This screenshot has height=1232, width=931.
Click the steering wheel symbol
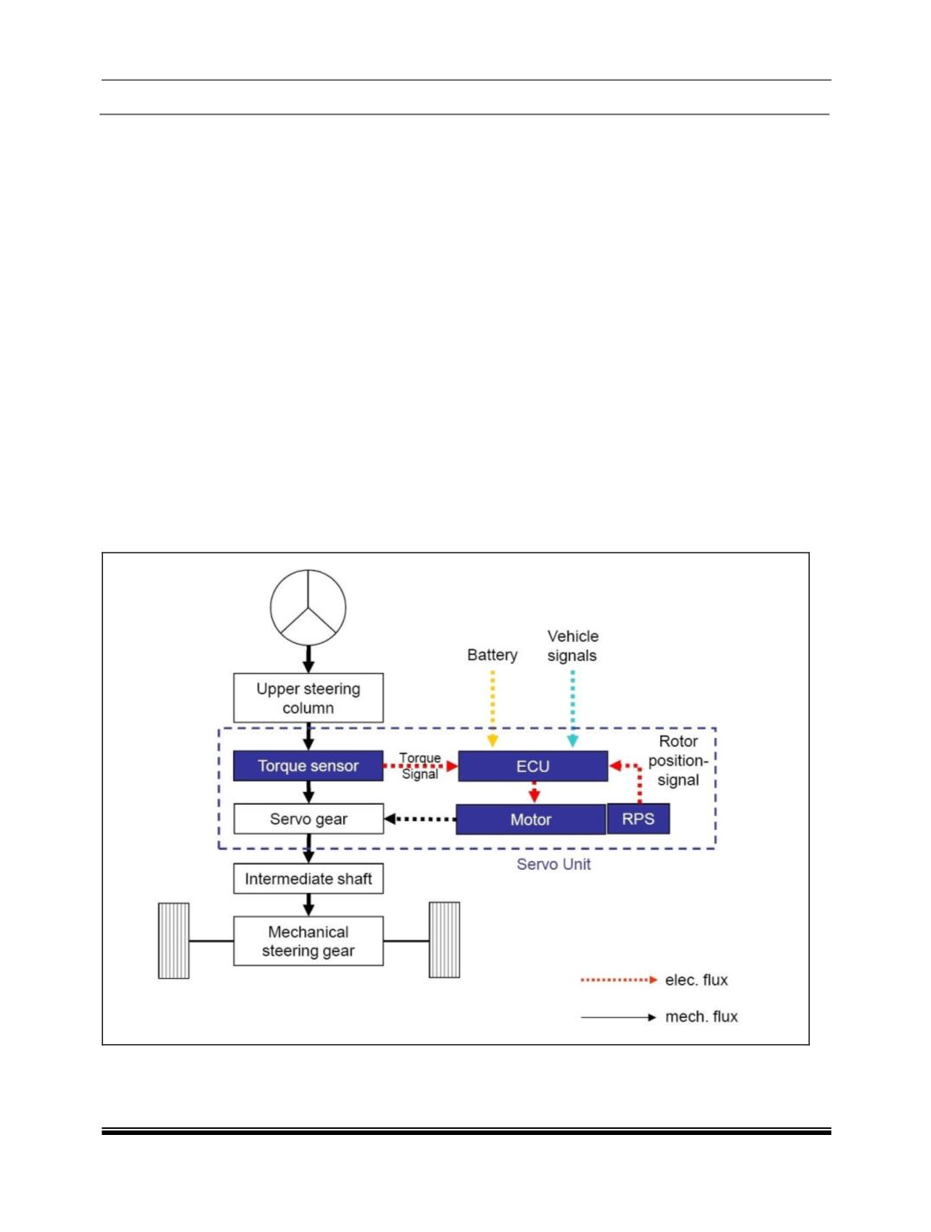[308, 607]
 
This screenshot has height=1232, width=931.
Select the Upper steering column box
[308, 698]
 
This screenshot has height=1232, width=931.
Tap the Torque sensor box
[308, 766]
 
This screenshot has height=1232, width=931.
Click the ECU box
[533, 766]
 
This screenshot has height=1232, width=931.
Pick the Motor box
[530, 820]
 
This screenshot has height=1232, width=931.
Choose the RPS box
[638, 820]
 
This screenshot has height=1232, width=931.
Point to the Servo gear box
[308, 820]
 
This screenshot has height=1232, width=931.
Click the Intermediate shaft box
[308, 879]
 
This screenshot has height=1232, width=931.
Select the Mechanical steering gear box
[308, 942]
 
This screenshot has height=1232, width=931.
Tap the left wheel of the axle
[173, 941]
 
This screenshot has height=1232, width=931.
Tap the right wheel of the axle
[444, 941]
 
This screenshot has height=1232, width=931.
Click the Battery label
[492, 655]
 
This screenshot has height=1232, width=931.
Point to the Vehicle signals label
[572, 645]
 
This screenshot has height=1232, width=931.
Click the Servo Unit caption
[553, 865]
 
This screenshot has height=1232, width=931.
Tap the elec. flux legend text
[696, 980]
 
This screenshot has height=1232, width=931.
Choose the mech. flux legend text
[701, 1017]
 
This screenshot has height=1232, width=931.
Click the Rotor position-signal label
[678, 761]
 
